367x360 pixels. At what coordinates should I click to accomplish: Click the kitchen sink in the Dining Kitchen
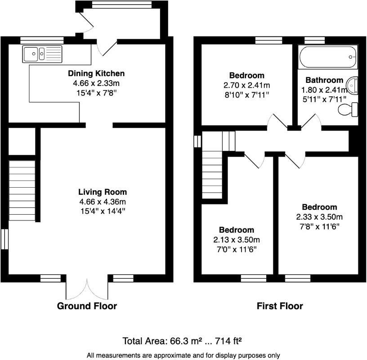(x=42, y=54)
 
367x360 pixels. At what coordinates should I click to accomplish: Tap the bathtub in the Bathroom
(x=328, y=56)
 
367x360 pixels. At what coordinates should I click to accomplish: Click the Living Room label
(x=103, y=192)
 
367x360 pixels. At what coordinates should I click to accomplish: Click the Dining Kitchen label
(x=96, y=74)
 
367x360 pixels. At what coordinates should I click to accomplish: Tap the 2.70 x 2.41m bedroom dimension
(x=246, y=85)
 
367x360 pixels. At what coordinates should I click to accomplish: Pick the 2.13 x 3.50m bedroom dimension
(x=236, y=239)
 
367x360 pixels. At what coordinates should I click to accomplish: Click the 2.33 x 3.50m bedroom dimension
(x=319, y=217)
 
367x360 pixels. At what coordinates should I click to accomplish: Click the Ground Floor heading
(x=87, y=306)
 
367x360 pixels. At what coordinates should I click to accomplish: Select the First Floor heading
(x=280, y=306)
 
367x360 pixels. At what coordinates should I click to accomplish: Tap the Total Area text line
(x=183, y=340)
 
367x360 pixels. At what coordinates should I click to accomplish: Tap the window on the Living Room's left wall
(x=4, y=239)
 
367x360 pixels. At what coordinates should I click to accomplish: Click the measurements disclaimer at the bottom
(x=183, y=355)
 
